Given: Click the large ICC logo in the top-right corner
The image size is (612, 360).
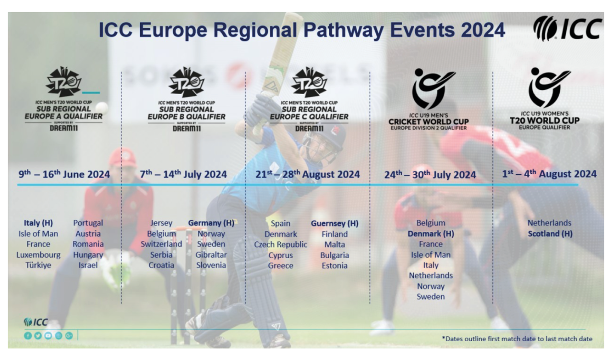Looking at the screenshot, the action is [567, 28].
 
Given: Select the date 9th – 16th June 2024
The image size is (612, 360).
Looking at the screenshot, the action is [64, 174].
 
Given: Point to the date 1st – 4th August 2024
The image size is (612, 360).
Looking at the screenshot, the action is [549, 174].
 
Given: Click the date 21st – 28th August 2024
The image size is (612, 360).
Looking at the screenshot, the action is [308, 174].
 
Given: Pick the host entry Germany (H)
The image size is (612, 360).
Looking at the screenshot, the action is [211, 223].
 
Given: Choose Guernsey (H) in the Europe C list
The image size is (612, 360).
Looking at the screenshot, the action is [335, 223].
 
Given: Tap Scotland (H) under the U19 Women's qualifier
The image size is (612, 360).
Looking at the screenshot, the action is [550, 234].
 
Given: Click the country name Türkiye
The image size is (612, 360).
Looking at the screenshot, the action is [38, 265].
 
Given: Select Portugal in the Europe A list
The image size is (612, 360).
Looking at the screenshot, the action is [88, 223].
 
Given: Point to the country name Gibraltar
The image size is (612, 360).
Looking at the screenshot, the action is [211, 255].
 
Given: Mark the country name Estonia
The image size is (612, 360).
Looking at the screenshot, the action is [335, 266].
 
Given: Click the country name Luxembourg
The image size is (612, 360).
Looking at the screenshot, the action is [38, 255].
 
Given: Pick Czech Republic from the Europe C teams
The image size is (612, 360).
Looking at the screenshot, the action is [281, 244].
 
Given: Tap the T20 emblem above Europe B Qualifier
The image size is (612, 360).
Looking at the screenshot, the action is [187, 82].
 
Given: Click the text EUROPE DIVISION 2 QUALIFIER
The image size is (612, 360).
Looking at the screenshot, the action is [429, 128].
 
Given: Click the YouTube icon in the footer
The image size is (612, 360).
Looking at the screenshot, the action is [48, 336].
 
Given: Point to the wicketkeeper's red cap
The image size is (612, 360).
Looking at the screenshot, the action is [123, 157].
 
